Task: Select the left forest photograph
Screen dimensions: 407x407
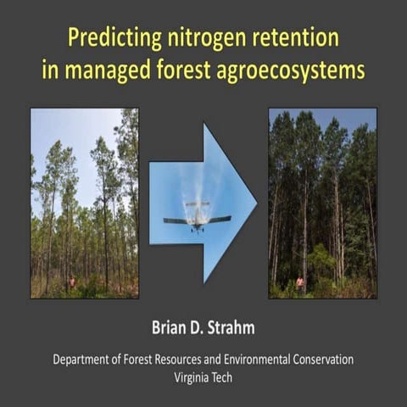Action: pyautogui.click(x=85, y=203)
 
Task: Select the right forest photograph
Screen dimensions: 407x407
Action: pyautogui.click(x=322, y=203)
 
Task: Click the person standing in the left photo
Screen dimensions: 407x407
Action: pyautogui.click(x=72, y=282)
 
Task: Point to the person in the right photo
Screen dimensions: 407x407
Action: pyautogui.click(x=300, y=283)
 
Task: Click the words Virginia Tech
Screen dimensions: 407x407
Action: pyautogui.click(x=203, y=377)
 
